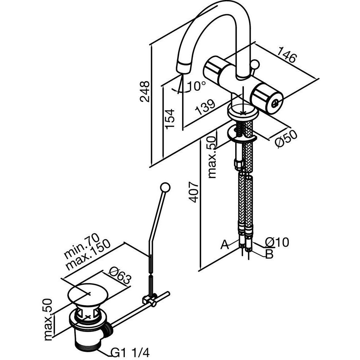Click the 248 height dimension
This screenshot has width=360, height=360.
145,91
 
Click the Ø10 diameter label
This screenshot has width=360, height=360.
277,242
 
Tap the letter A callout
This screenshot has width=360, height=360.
224,245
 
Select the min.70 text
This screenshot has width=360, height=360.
81,246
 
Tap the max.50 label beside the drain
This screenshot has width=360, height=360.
48,319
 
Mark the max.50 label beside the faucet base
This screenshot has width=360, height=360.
213,157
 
